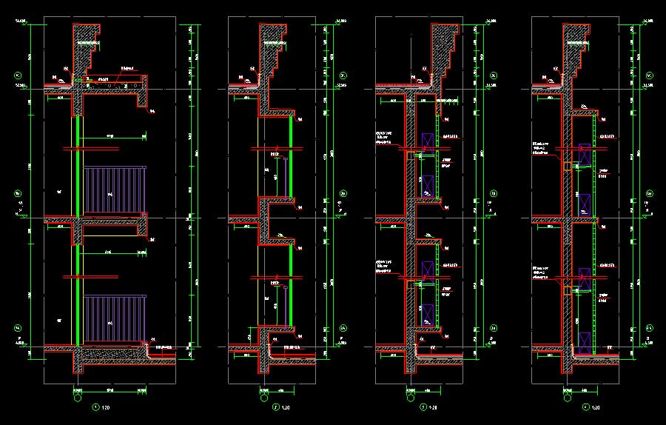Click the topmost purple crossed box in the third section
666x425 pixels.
427,142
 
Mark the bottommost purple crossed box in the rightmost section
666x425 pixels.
585,343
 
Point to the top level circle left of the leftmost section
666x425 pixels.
18,76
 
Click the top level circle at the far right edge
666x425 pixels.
649,76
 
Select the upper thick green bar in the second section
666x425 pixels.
291,155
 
